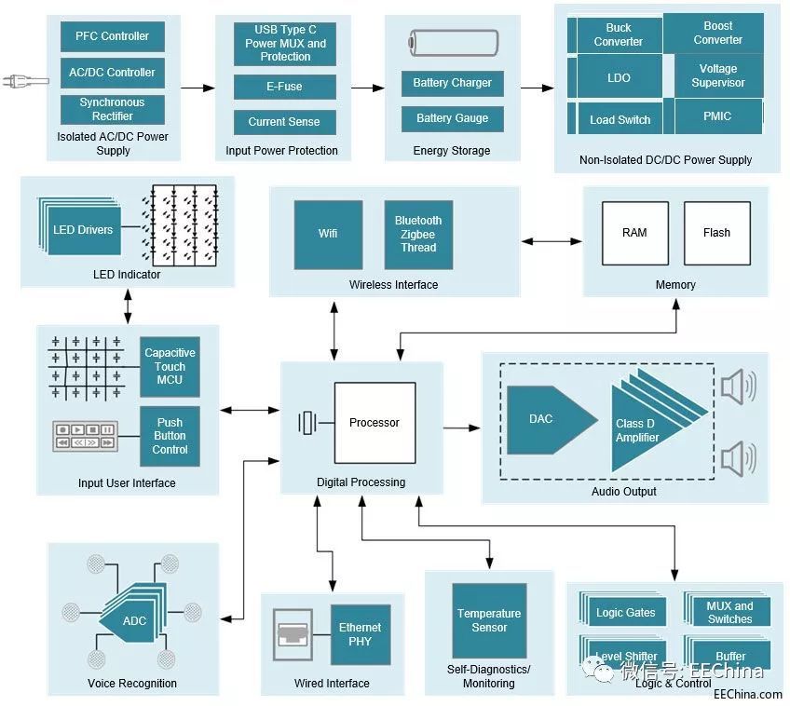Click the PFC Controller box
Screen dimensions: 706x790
click(x=112, y=36)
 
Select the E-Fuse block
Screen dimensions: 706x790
click(x=285, y=87)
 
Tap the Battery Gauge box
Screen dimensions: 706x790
click(x=452, y=118)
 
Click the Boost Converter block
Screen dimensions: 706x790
click(x=717, y=34)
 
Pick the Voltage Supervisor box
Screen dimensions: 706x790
click(x=717, y=75)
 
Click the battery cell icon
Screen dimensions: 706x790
click(x=453, y=42)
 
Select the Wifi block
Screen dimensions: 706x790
click(x=328, y=234)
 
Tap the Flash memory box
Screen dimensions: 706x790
click(x=716, y=233)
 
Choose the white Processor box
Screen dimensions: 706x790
click(x=375, y=423)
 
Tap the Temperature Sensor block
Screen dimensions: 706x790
click(x=488, y=620)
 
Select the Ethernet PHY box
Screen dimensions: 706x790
click(x=360, y=633)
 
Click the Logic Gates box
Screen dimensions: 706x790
click(x=625, y=612)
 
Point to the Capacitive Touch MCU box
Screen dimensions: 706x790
click(x=170, y=366)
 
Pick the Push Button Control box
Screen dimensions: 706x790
click(x=170, y=436)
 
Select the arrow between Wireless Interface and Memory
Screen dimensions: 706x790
click(x=551, y=241)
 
